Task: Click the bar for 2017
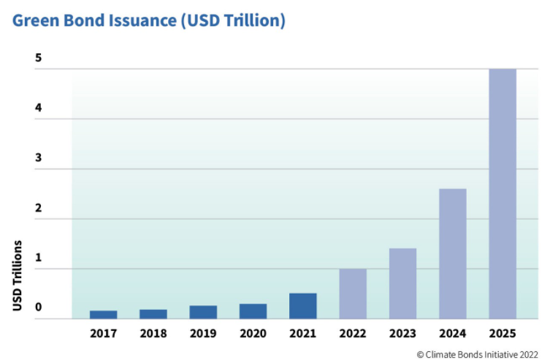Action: (x=103, y=315)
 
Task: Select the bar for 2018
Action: (x=153, y=314)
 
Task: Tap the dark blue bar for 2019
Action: (x=203, y=312)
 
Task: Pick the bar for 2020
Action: (x=253, y=311)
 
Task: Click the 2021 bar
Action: (x=302, y=306)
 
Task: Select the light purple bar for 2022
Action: (x=353, y=294)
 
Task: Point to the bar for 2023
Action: (x=402, y=283)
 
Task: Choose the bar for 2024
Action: (x=452, y=253)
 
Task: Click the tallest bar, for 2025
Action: (x=503, y=194)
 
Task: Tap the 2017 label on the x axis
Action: (x=103, y=334)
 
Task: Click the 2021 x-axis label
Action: (x=302, y=334)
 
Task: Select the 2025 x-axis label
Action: (x=503, y=334)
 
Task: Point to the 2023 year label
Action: (x=402, y=334)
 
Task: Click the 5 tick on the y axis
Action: (x=38, y=58)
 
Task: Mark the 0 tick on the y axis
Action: (x=38, y=307)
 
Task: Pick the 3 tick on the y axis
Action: (x=38, y=158)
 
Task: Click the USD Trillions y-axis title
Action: (x=17, y=275)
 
